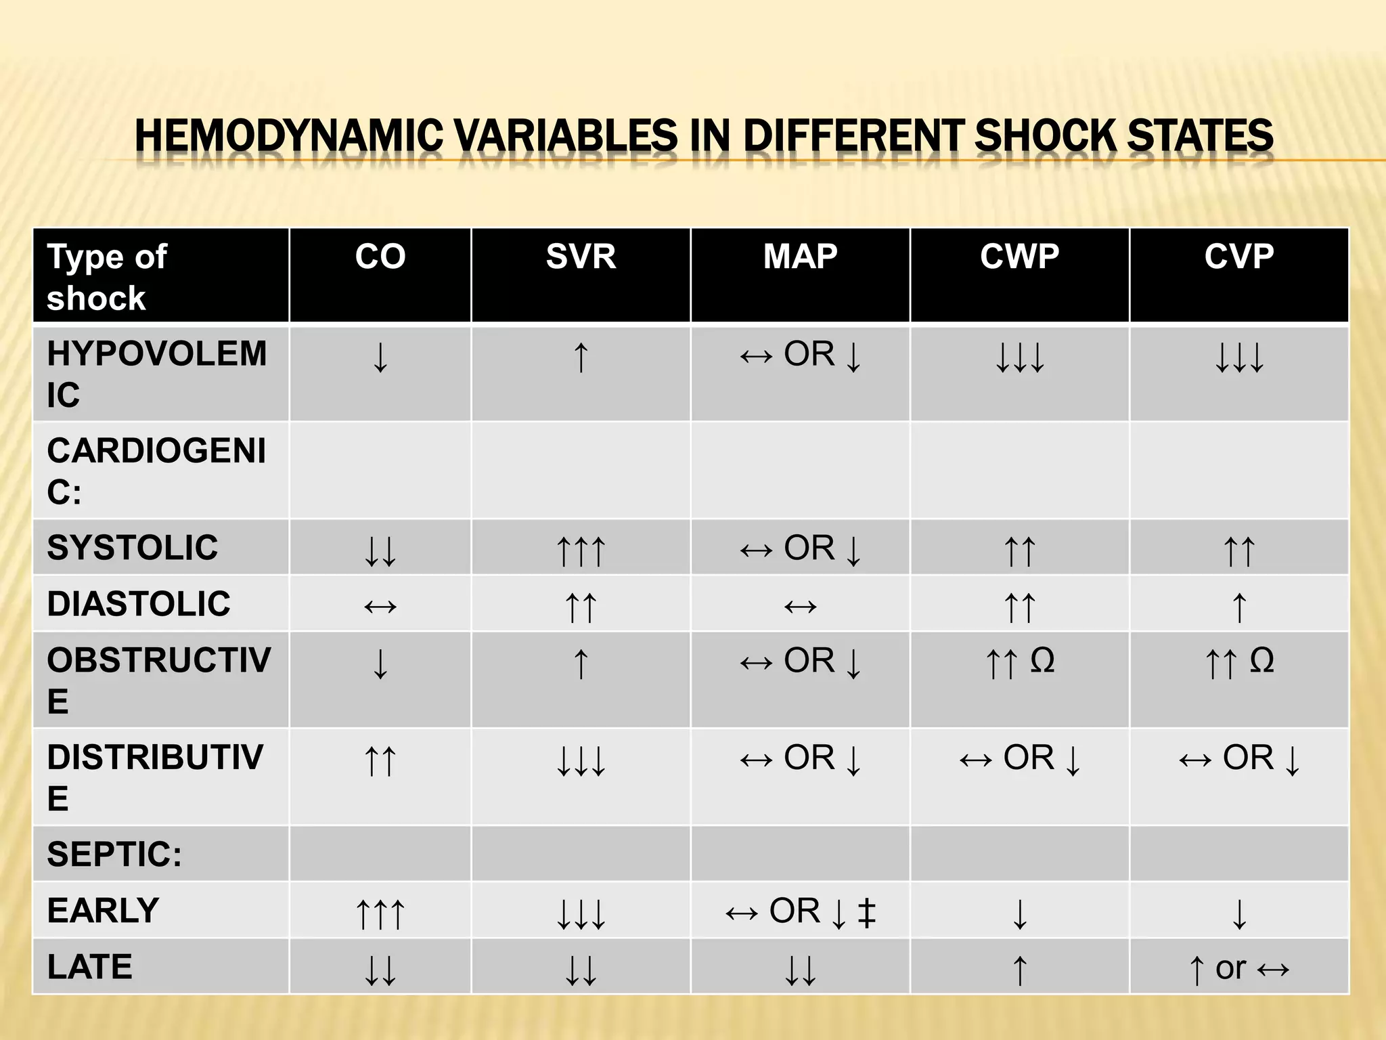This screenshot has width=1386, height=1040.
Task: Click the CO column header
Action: (x=380, y=257)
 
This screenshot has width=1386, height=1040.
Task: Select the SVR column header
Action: (x=581, y=257)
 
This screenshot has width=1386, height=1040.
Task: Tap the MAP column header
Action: (x=800, y=257)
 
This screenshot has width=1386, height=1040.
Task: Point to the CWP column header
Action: (x=1019, y=257)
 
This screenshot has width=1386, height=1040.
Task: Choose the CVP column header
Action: (x=1238, y=257)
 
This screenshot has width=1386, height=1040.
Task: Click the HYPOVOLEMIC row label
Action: (x=156, y=373)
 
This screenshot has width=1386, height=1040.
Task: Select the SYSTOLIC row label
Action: (x=133, y=547)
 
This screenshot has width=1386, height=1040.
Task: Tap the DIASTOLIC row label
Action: (x=139, y=603)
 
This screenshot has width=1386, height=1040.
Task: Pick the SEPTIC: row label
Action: (x=114, y=854)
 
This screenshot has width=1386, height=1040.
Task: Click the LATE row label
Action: (x=90, y=966)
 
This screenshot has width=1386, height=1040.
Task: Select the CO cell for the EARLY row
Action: (x=380, y=912)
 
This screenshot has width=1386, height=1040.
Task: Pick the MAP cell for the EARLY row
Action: (x=800, y=911)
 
